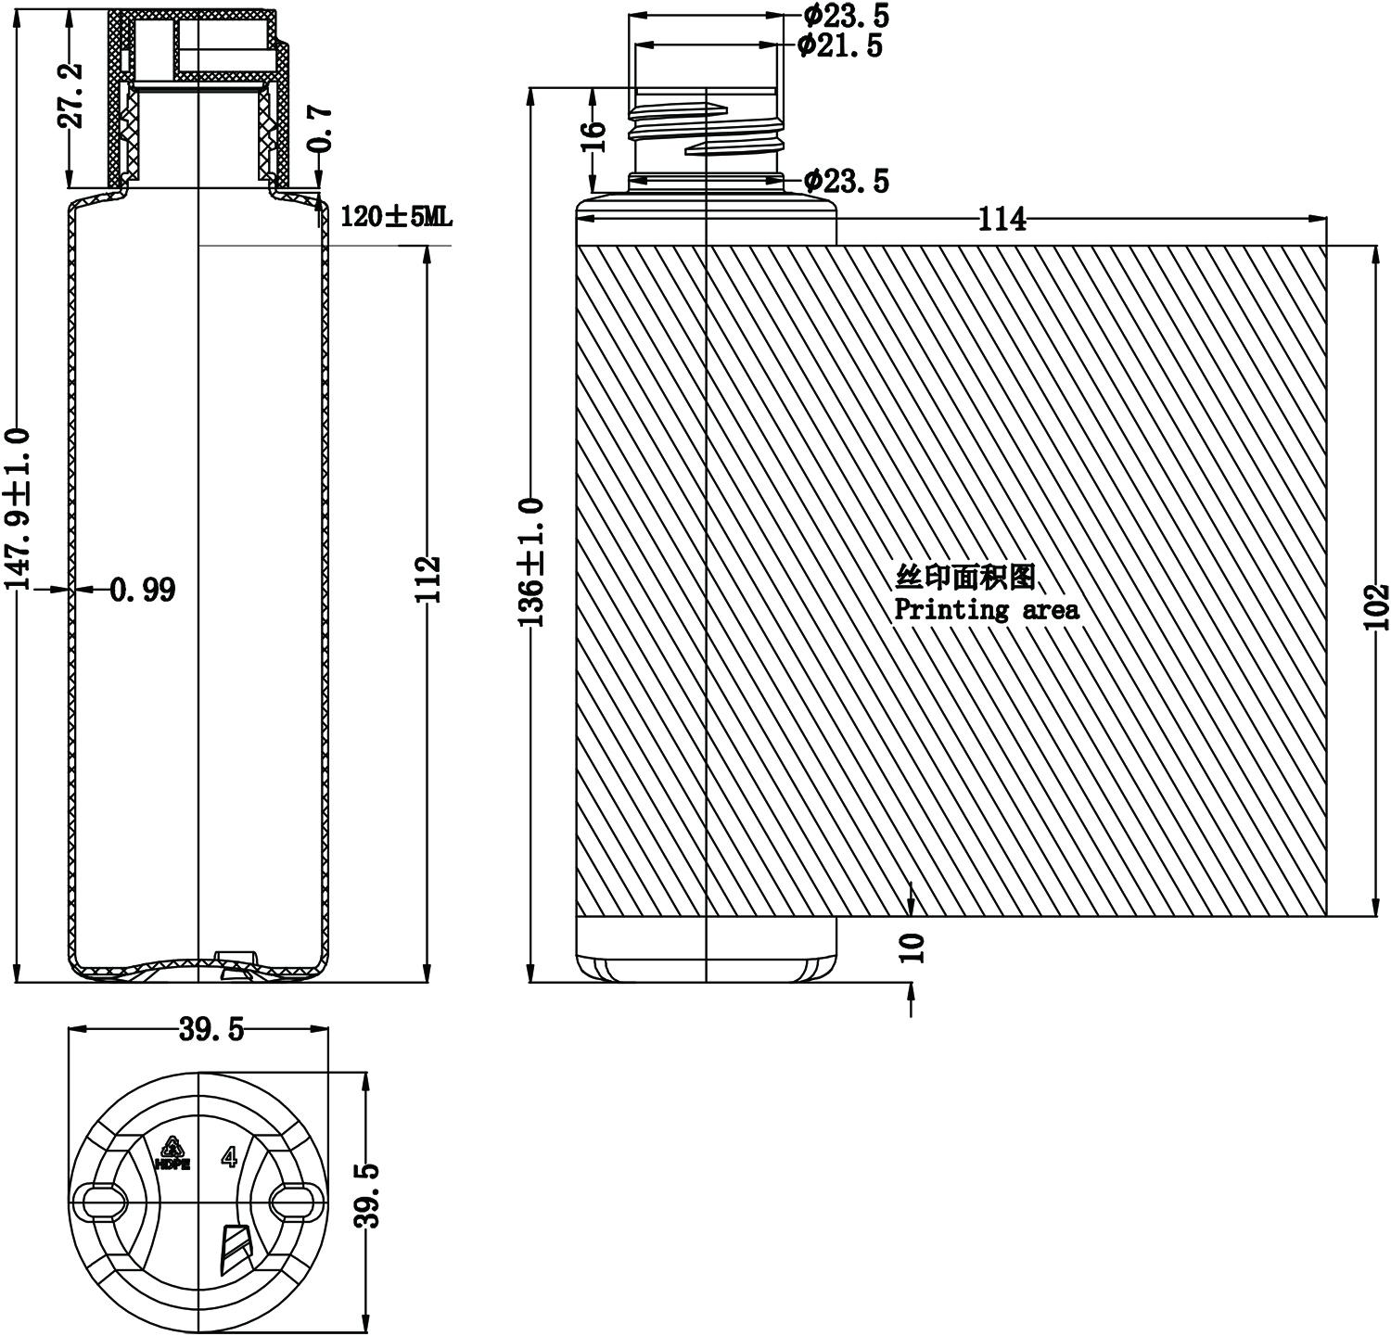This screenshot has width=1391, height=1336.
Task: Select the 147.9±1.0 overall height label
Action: (19, 509)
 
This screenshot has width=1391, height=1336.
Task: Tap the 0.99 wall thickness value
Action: (143, 589)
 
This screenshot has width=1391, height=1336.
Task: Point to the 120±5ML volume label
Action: (396, 217)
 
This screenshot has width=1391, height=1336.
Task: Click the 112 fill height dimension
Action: (428, 579)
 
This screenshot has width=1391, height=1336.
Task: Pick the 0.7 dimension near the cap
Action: (318, 128)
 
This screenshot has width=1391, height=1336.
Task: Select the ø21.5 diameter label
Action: (840, 45)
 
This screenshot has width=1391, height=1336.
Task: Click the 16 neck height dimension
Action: (596, 135)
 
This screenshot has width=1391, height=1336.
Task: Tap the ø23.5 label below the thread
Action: (846, 180)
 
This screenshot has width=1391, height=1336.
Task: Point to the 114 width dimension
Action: (1002, 220)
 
